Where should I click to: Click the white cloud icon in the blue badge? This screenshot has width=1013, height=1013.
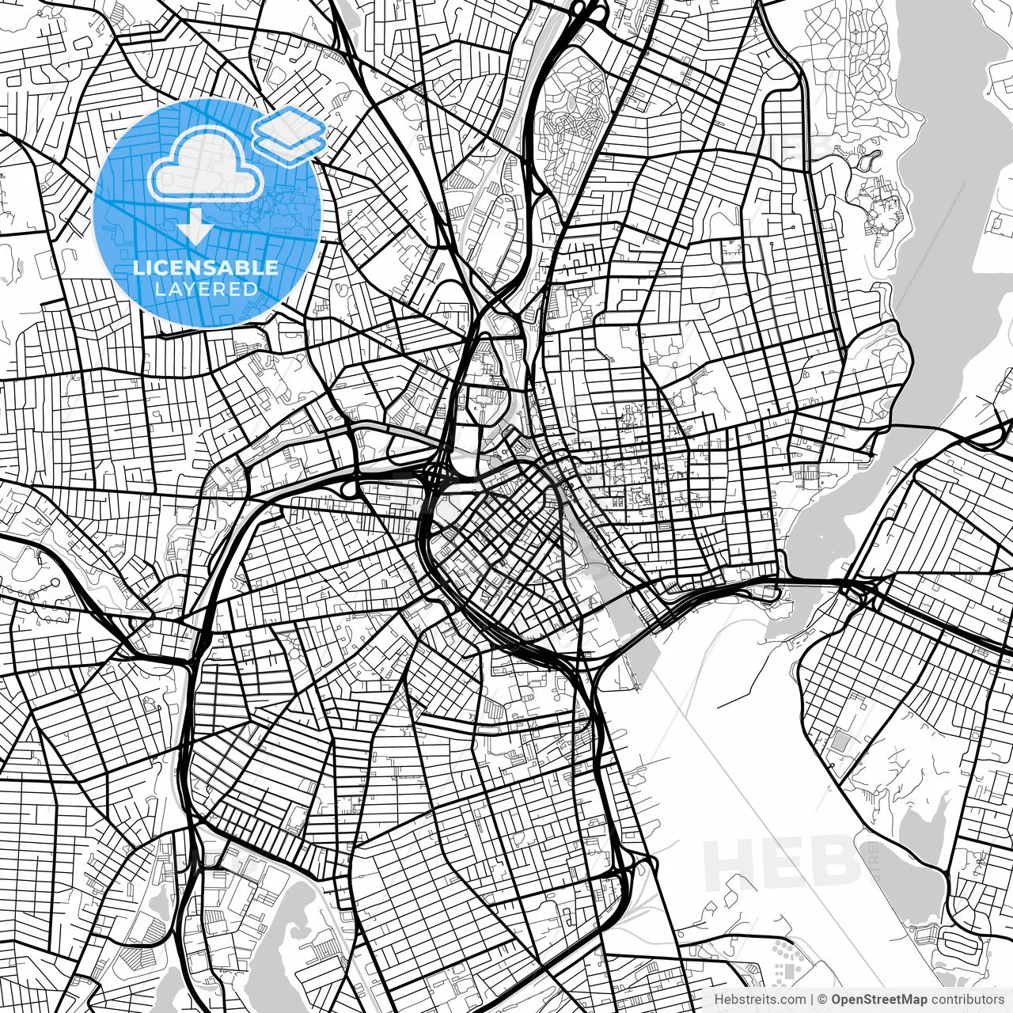[205, 165]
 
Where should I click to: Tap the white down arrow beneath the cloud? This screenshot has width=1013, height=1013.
[193, 229]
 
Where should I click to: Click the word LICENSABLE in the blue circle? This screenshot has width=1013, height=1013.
[206, 267]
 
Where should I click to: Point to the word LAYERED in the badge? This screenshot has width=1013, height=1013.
[206, 289]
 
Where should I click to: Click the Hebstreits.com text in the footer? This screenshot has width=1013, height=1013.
[760, 1000]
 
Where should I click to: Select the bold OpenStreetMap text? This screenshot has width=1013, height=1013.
[878, 1000]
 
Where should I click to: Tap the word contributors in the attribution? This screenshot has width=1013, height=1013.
[966, 1000]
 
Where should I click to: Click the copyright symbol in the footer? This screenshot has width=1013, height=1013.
[822, 1000]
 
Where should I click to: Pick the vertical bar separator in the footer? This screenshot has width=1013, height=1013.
[812, 1000]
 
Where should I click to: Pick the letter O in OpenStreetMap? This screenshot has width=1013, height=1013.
[837, 1000]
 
